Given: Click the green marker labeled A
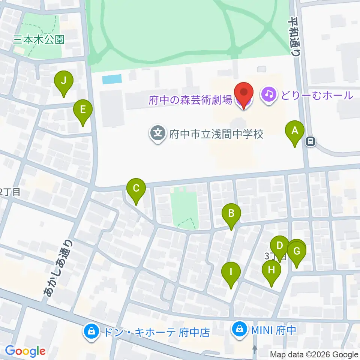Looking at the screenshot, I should [295, 131].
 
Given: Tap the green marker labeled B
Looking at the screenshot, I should [231, 214].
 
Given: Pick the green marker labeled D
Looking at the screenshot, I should [279, 246].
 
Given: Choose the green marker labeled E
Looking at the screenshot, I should [83, 110].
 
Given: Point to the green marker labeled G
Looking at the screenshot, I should [297, 251].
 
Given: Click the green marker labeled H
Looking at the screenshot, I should [271, 270].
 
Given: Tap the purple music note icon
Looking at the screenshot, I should [269, 94].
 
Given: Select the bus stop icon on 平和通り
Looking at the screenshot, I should [310, 141].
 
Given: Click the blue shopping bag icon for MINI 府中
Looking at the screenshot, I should [238, 330].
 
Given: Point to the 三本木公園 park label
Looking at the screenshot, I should [39, 39].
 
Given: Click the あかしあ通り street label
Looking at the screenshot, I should [58, 269].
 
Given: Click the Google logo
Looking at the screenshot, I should [25, 351].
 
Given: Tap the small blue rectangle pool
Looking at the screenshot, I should [112, 79].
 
